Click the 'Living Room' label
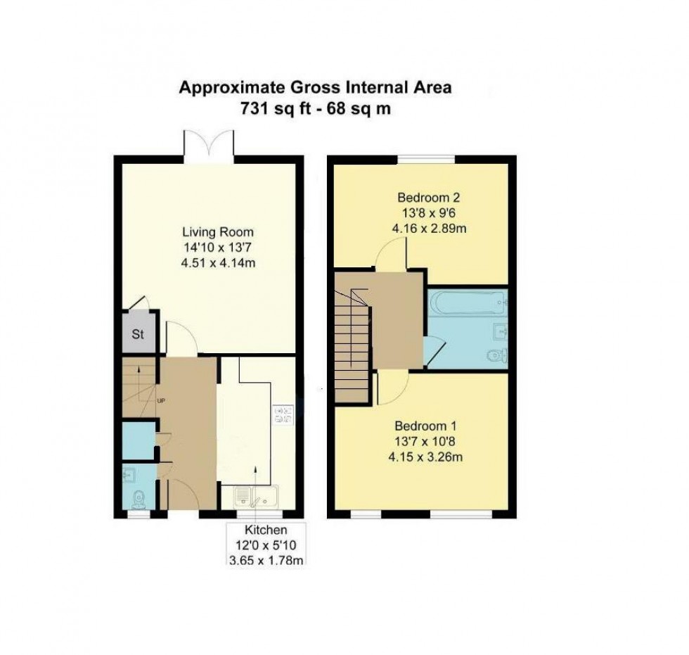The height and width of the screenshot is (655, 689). pyautogui.click(x=217, y=232)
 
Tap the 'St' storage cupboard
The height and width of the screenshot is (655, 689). pyautogui.click(x=138, y=335)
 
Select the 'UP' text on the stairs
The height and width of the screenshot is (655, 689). pyautogui.click(x=161, y=401)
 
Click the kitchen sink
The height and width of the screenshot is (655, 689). pyautogui.click(x=257, y=497)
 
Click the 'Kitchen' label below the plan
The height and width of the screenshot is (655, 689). pyautogui.click(x=266, y=530)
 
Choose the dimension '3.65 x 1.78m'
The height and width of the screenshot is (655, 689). pyautogui.click(x=266, y=560)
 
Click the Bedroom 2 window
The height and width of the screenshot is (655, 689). pyautogui.click(x=426, y=160)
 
